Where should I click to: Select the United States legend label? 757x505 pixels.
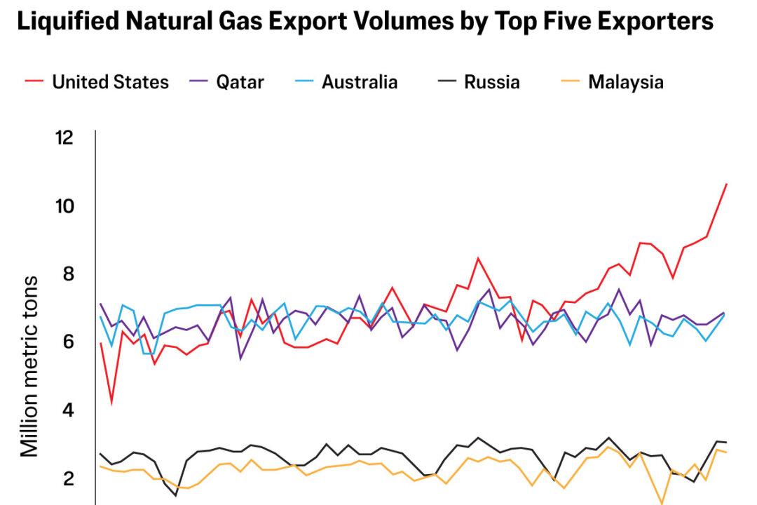click(110, 82)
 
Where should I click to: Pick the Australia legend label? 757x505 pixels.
click(360, 82)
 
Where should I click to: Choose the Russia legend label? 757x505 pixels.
click(491, 82)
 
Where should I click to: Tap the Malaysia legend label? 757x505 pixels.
click(625, 82)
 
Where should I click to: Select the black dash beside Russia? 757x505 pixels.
click(446, 82)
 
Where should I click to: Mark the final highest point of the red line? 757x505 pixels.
click(726, 184)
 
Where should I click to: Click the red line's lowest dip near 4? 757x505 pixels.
click(111, 404)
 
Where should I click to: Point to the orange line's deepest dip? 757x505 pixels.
click(661, 503)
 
